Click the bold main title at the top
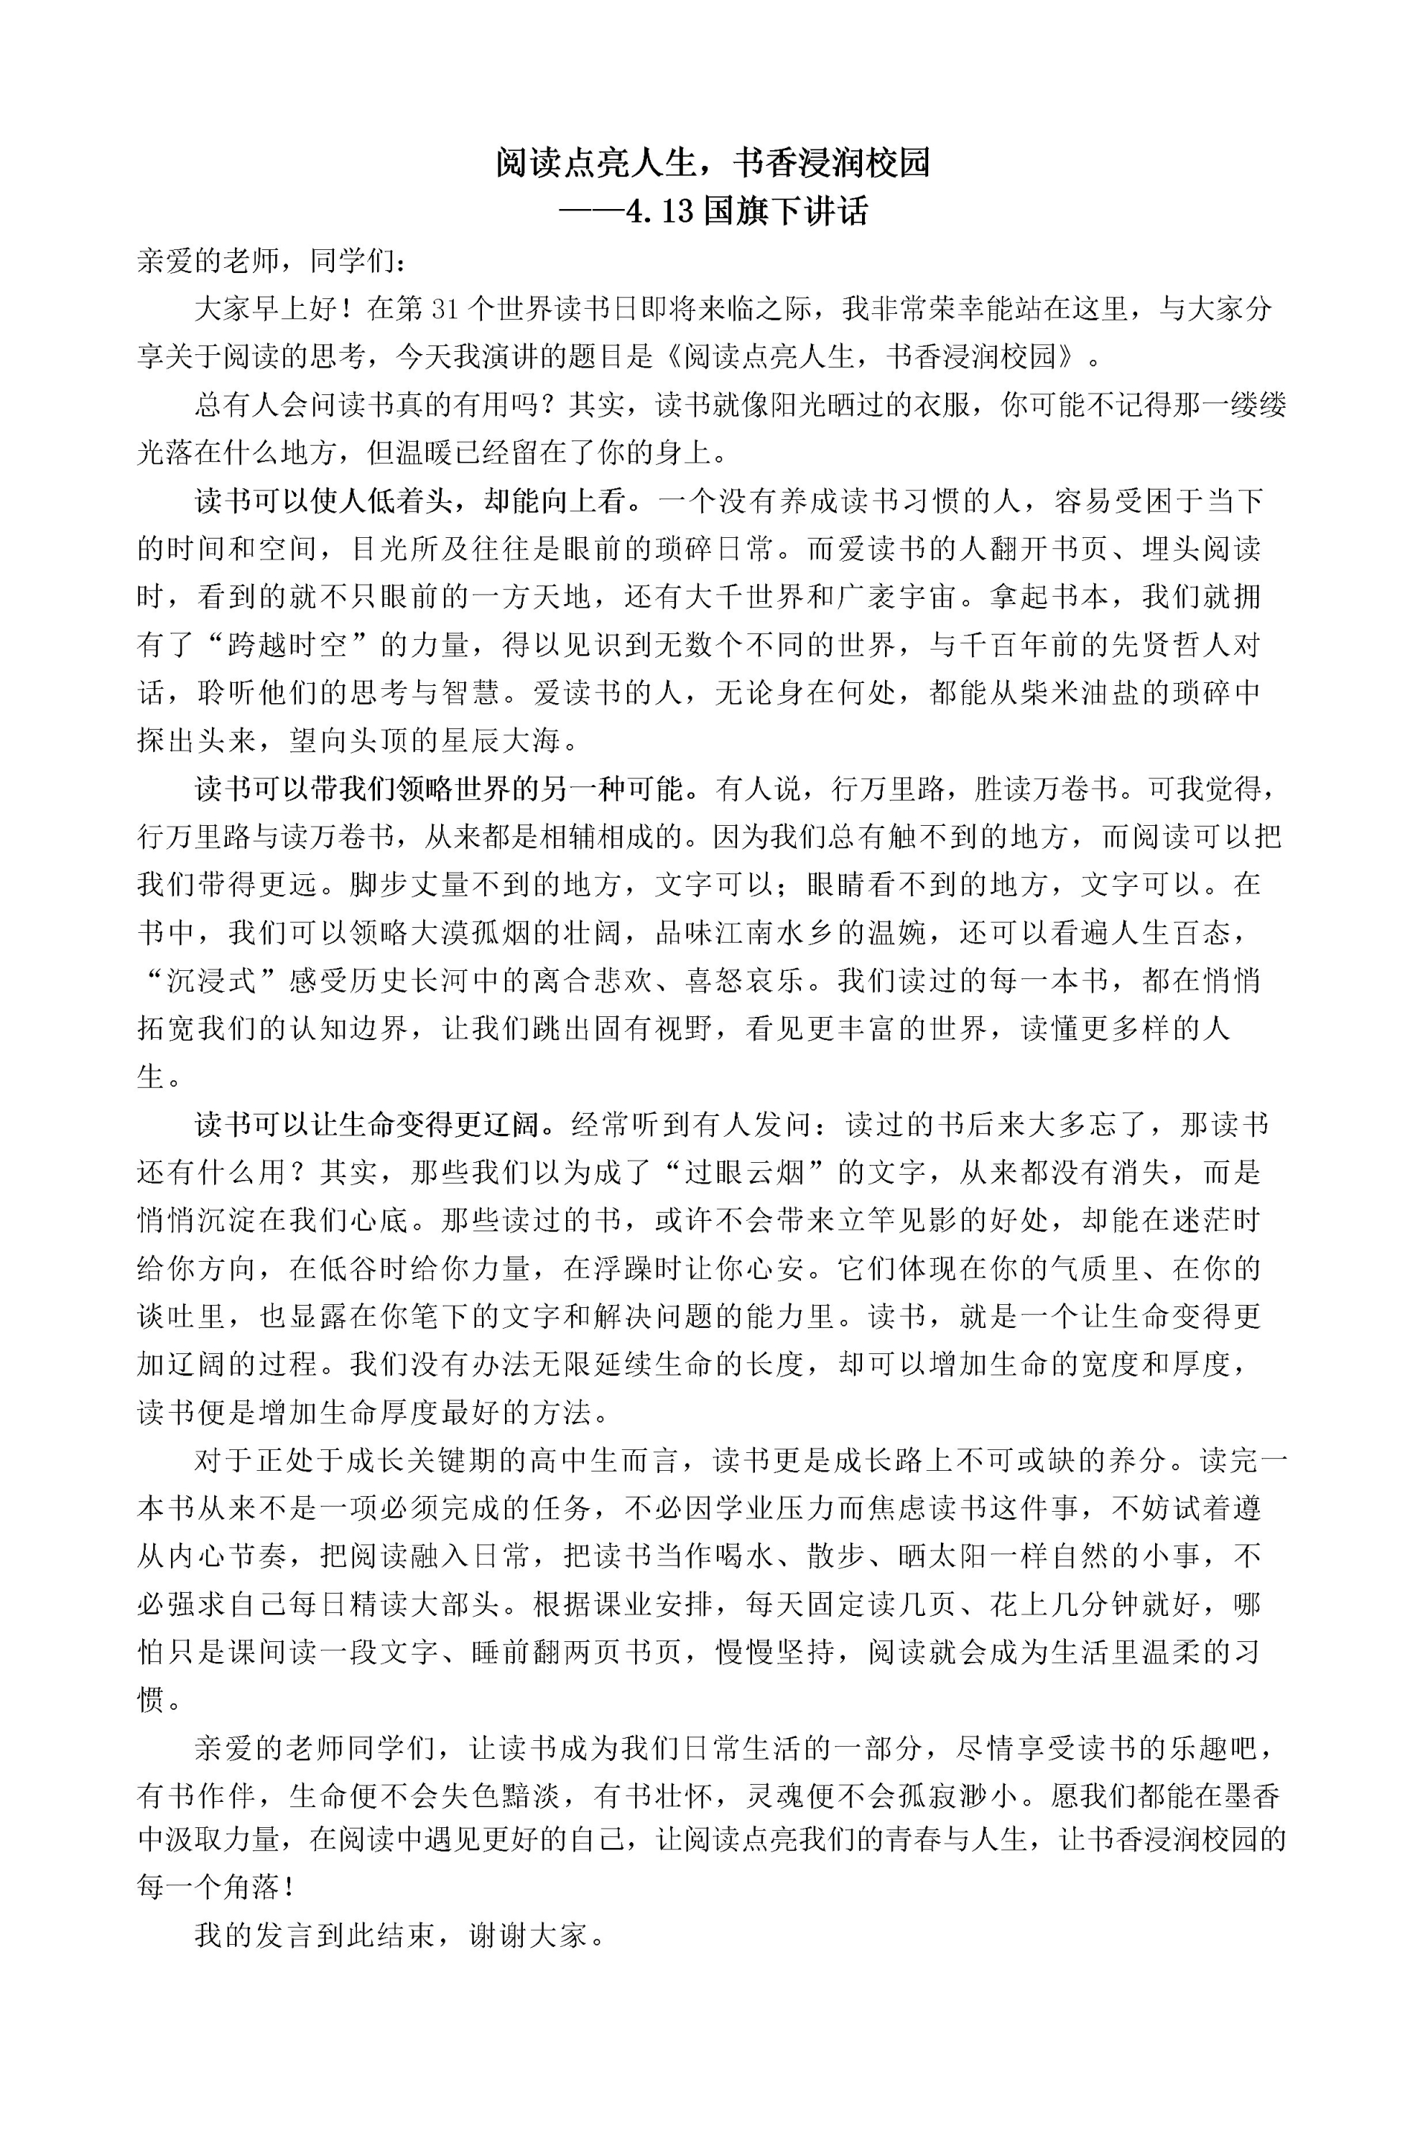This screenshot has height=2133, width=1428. [713, 163]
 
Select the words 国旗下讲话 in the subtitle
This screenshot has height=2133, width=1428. [785, 211]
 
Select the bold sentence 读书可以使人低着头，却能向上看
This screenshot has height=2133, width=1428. [411, 500]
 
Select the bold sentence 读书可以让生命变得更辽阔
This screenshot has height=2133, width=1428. [375, 1125]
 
